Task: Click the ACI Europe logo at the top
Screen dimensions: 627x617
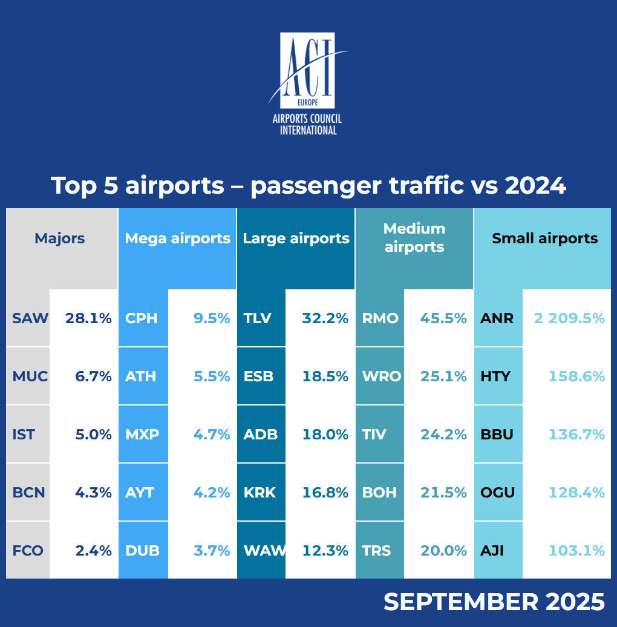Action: point(308,84)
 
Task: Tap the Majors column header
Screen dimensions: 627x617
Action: point(60,238)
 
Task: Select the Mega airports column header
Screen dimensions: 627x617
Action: point(177,238)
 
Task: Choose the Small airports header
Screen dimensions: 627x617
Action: point(544,238)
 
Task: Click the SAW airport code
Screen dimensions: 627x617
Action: point(30,318)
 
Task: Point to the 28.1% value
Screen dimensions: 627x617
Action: point(88,318)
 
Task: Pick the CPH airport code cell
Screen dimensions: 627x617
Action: point(142,318)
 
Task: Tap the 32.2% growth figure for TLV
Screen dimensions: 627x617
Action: point(325,318)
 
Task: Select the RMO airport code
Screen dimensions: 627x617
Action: point(380,318)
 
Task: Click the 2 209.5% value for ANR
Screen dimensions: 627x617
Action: point(569,318)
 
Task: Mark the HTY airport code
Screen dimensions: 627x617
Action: point(495,376)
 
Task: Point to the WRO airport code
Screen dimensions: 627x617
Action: point(381,376)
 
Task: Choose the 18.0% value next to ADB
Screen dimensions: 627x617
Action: point(325,435)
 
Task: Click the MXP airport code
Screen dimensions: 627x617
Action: point(142,435)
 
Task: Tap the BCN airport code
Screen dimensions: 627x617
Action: point(29,493)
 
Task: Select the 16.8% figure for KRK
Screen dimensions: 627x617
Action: point(325,493)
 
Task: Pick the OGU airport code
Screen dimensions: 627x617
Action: point(497,493)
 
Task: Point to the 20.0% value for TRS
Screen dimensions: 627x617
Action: point(443,551)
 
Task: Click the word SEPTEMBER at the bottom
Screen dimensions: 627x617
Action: point(460,602)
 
